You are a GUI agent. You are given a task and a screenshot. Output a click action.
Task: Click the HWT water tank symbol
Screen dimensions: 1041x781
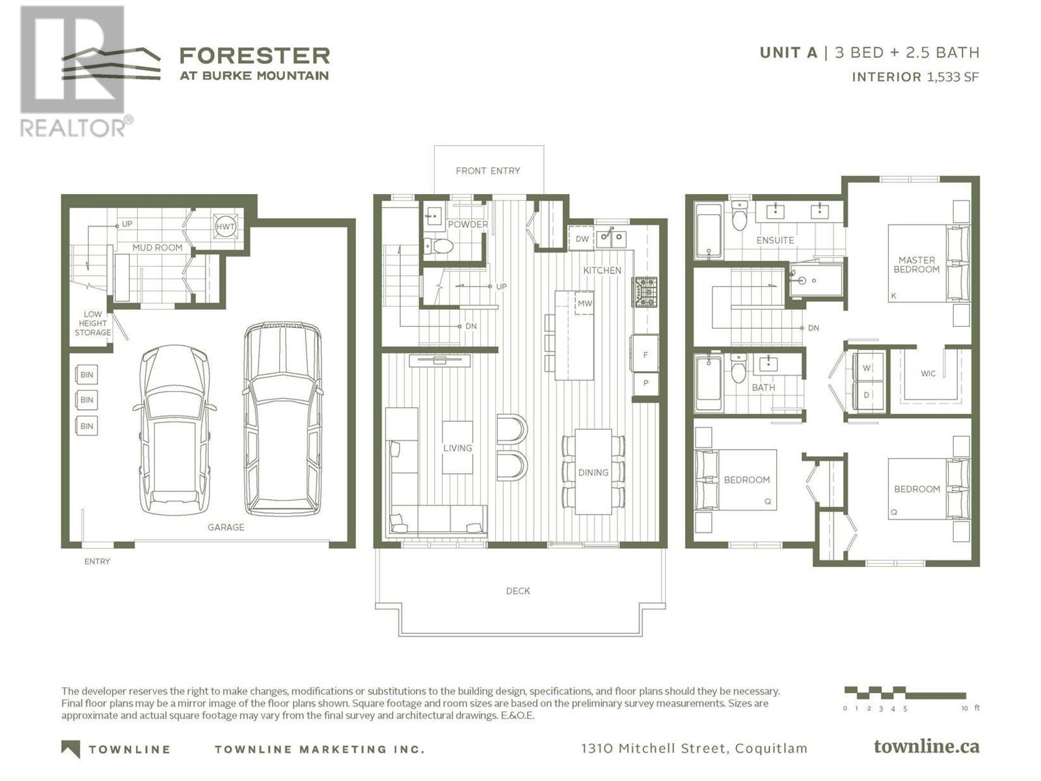225,226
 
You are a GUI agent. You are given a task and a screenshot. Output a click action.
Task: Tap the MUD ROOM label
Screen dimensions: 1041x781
157,247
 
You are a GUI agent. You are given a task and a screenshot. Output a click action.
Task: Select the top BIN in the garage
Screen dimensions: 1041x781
87,375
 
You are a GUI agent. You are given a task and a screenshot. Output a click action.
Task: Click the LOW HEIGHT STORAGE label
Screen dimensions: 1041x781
92,323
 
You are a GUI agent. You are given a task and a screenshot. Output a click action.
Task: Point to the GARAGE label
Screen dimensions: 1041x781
226,527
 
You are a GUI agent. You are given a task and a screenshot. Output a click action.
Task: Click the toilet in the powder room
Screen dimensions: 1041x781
439,246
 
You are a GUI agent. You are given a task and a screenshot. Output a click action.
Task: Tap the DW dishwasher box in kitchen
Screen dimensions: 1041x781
582,239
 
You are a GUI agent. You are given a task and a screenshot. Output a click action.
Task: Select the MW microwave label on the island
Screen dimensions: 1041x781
584,303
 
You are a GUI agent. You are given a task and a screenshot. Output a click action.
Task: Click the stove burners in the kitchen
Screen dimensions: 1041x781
645,292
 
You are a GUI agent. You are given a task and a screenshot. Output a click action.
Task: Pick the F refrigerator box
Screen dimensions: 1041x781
645,354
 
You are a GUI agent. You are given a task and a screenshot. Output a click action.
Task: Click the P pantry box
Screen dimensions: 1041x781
645,383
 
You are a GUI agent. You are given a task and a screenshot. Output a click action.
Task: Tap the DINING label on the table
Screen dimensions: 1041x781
593,473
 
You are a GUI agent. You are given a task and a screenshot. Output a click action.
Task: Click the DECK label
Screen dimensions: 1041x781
518,591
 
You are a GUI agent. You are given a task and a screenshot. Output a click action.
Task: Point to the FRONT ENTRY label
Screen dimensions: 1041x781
488,171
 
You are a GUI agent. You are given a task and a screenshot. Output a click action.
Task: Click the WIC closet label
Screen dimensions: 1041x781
928,374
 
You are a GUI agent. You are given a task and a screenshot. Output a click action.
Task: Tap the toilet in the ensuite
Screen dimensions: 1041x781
739,215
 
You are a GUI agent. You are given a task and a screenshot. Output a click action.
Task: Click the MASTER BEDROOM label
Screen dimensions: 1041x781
916,265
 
